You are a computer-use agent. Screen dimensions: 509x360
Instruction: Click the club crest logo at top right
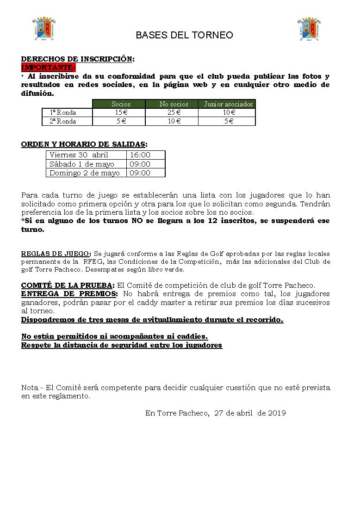[309, 29]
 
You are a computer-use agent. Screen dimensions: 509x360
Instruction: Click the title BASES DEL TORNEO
[184, 35]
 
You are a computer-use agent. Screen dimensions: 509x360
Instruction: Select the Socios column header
[119, 104]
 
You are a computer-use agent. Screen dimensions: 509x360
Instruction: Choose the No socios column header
[172, 104]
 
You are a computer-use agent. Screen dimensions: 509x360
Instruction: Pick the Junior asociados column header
[227, 104]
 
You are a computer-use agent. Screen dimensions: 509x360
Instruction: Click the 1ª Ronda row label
[62, 112]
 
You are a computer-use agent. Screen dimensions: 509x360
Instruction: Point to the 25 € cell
[172, 112]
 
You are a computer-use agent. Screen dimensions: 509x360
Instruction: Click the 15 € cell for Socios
[119, 112]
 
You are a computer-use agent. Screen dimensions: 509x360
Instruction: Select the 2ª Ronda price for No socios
[172, 121]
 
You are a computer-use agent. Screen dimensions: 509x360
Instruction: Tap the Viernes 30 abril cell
[79, 155]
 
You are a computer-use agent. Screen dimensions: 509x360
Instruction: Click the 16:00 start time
[140, 155]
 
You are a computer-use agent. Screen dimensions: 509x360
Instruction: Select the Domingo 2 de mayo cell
[85, 173]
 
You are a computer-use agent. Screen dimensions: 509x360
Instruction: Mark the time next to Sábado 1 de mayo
[140, 164]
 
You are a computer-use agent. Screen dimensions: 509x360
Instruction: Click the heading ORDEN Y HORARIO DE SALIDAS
[84, 144]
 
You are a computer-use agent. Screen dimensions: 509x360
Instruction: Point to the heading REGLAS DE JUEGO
[56, 254]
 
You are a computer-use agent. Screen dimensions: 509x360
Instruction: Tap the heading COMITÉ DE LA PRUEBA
[68, 285]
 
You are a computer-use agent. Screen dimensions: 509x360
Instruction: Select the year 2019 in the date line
[277, 413]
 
